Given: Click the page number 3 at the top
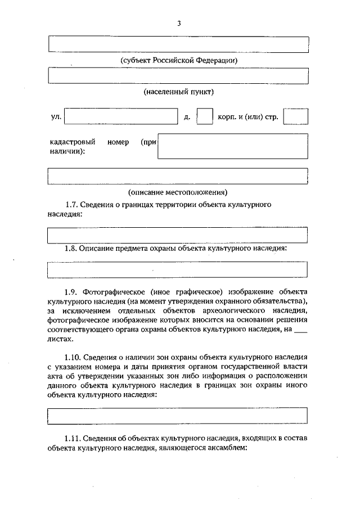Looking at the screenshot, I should pyautogui.click(x=179, y=24).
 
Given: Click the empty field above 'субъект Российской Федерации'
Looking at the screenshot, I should pyautogui.click(x=178, y=44).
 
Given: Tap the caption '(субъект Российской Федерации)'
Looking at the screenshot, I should pyautogui.click(x=178, y=60).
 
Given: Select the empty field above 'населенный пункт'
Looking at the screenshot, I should pyautogui.click(x=178, y=75).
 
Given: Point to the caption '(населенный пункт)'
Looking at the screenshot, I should pyautogui.click(x=178, y=91).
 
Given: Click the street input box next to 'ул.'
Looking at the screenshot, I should pyautogui.click(x=121, y=116).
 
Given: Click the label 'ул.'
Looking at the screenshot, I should pyautogui.click(x=55, y=117).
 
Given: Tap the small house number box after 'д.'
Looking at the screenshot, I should pyautogui.click(x=204, y=116).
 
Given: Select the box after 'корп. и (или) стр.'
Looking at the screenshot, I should pyautogui.click(x=295, y=116).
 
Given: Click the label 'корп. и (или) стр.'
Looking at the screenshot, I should pyautogui.click(x=247, y=117).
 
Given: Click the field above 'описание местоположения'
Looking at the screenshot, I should pyautogui.click(x=178, y=176).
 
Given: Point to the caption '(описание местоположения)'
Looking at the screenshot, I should pyautogui.click(x=178, y=192).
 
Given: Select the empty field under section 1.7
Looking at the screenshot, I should pyautogui.click(x=178, y=235).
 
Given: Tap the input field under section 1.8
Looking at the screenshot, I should pyautogui.click(x=178, y=269).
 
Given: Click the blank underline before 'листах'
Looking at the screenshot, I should pyautogui.click(x=301, y=330).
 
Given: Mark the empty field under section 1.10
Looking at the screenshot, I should pyautogui.click(x=178, y=416).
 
